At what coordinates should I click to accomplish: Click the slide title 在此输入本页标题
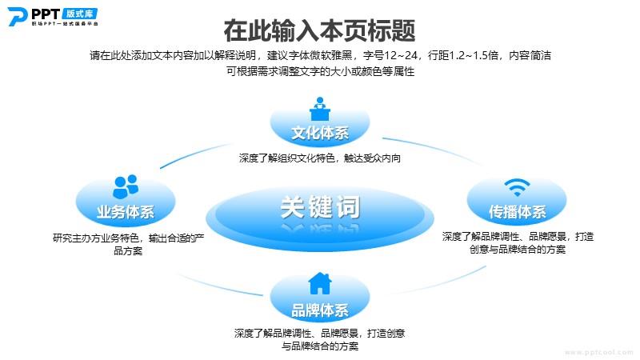pyautogui.click(x=319, y=30)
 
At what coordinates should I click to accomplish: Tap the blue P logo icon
pyautogui.click(x=17, y=17)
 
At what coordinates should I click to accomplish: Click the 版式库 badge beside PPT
pyautogui.click(x=80, y=14)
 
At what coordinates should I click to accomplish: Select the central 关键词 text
pyautogui.click(x=320, y=207)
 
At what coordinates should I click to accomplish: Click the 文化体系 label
pyautogui.click(x=320, y=133)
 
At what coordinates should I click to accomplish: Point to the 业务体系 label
pyautogui.click(x=126, y=211)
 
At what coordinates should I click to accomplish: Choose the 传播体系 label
pyautogui.click(x=517, y=211)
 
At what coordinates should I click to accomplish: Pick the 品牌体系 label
pyautogui.click(x=320, y=310)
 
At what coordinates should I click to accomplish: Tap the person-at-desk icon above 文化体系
pyautogui.click(x=320, y=109)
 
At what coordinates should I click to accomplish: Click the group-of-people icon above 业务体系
pyautogui.click(x=126, y=186)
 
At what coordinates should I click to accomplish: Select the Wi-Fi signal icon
pyautogui.click(x=517, y=187)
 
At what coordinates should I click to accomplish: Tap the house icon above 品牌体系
pyautogui.click(x=320, y=283)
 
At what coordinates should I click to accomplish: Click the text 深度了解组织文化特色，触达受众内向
pyautogui.click(x=320, y=158)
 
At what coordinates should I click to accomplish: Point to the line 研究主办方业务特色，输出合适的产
pyautogui.click(x=128, y=238)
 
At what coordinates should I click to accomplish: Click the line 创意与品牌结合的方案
pyautogui.click(x=518, y=249)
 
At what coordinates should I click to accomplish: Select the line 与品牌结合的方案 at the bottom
pyautogui.click(x=320, y=346)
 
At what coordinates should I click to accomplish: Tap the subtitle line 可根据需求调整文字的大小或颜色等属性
pyautogui.click(x=321, y=71)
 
